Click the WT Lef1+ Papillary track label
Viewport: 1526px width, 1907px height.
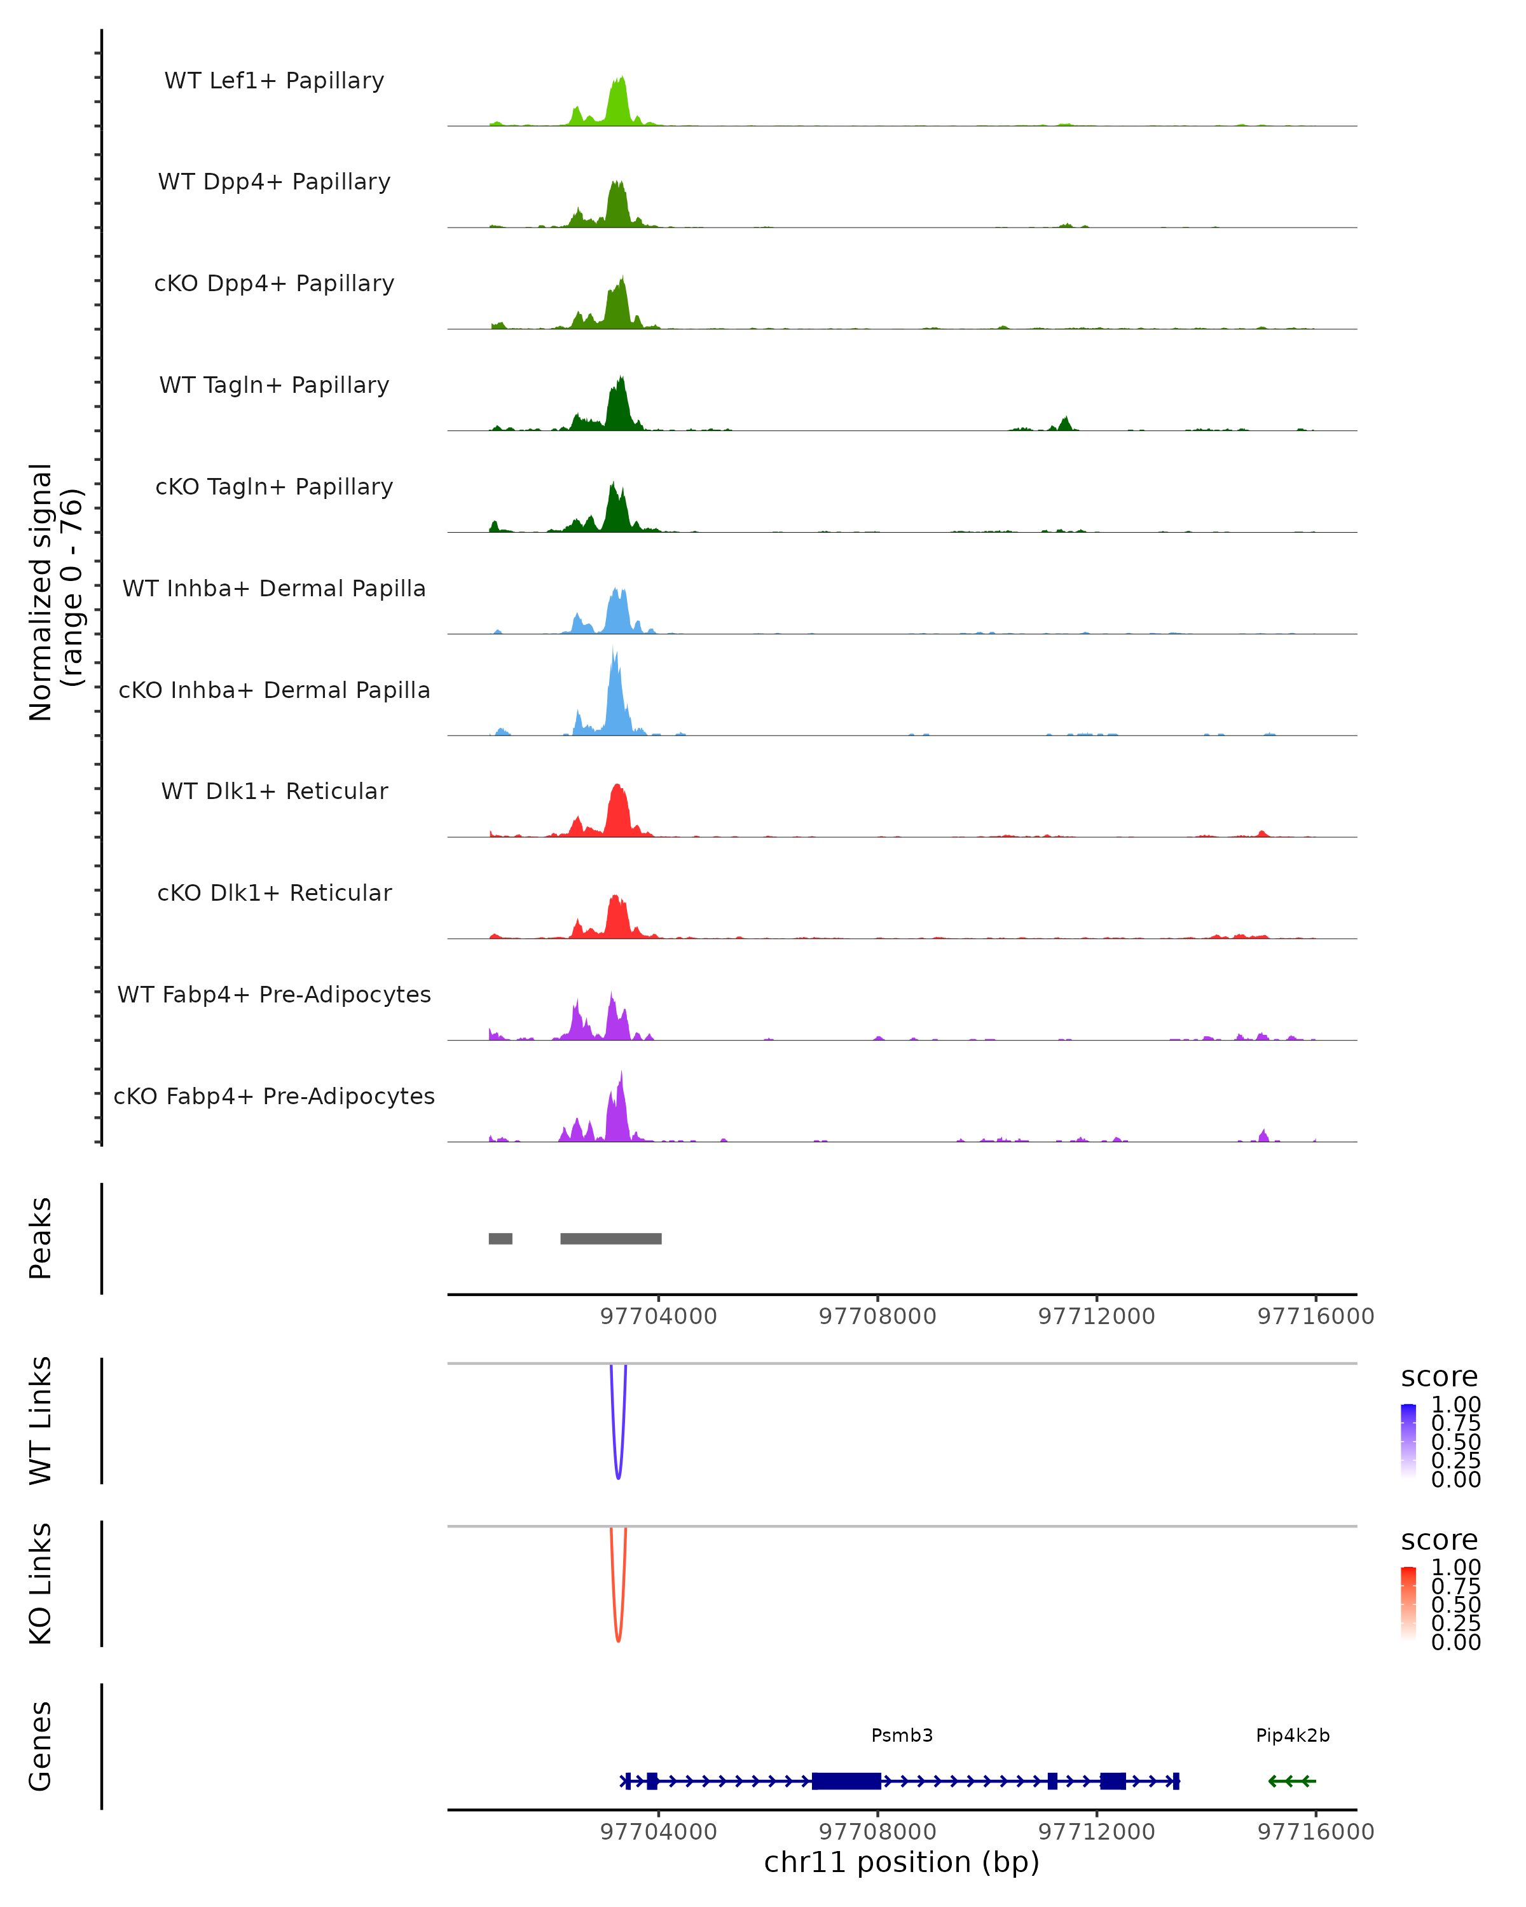(274, 81)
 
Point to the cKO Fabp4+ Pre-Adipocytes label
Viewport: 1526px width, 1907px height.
(274, 1096)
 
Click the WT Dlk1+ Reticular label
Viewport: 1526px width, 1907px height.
(274, 791)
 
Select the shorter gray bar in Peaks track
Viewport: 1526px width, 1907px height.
(500, 1238)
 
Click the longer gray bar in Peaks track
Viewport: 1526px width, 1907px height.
(610, 1238)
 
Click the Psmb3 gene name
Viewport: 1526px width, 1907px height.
(902, 1735)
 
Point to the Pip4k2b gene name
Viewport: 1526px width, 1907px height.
(1293, 1735)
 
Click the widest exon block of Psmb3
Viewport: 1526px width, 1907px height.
(846, 1781)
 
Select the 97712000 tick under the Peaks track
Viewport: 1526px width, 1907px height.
(1097, 1316)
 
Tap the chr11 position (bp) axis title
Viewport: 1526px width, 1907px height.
(902, 1863)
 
